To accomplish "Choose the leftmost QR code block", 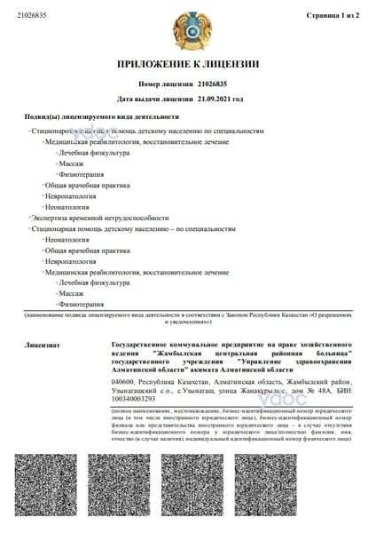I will [x=45, y=489].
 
